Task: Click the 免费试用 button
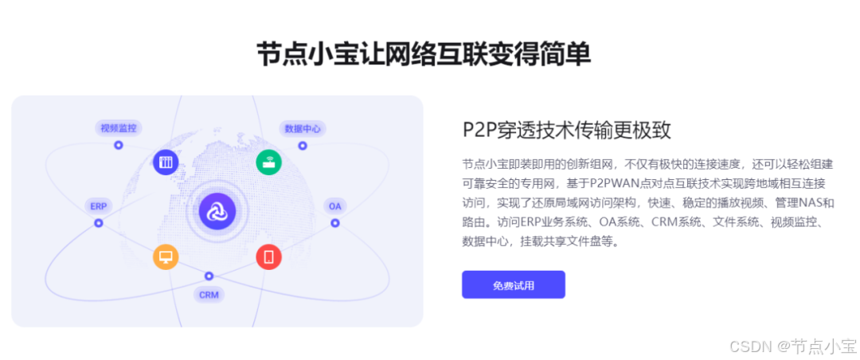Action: click(x=513, y=285)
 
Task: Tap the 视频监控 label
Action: click(x=119, y=127)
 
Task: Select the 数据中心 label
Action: click(x=303, y=128)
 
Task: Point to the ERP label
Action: click(x=99, y=205)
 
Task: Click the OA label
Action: click(x=335, y=205)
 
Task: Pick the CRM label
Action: click(x=209, y=295)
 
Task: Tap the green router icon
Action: click(x=268, y=162)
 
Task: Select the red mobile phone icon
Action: click(x=268, y=256)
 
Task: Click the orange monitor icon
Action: click(x=166, y=256)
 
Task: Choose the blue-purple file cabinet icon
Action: click(x=166, y=162)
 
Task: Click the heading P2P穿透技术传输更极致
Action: click(x=567, y=131)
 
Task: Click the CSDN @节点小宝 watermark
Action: click(x=803, y=346)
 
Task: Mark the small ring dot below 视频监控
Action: click(x=119, y=145)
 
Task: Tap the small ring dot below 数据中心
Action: click(x=303, y=146)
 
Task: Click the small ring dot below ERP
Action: click(x=99, y=223)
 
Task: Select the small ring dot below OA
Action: click(x=335, y=223)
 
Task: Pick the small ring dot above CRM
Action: click(x=209, y=276)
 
